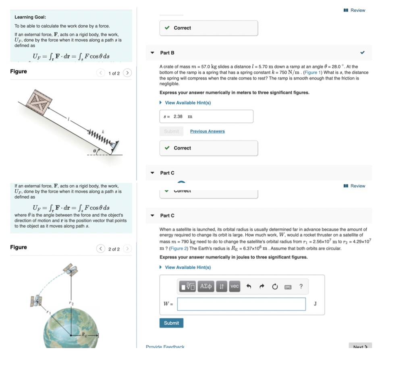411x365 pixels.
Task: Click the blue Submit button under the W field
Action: coord(171,323)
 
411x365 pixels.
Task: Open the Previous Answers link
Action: coord(207,131)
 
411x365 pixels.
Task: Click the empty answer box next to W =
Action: coord(241,304)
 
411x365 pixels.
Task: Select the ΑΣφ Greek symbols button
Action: coord(206,286)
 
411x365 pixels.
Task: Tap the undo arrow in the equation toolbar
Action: coord(249,286)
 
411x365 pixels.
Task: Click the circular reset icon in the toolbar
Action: coord(275,286)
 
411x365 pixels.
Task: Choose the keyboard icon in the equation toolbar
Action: coord(288,287)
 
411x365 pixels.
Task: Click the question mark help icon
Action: coord(301,286)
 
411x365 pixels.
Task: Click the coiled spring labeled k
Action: coord(98,136)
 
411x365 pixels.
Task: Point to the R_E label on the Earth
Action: coord(84,334)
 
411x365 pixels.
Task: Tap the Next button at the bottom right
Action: coord(360,346)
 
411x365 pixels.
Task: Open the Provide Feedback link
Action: coord(165,346)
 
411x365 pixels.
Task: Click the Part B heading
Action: coord(167,53)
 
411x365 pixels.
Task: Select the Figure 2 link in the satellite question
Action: coord(177,249)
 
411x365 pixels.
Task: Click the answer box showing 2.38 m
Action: coord(206,116)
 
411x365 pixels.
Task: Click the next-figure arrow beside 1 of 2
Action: coord(127,73)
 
